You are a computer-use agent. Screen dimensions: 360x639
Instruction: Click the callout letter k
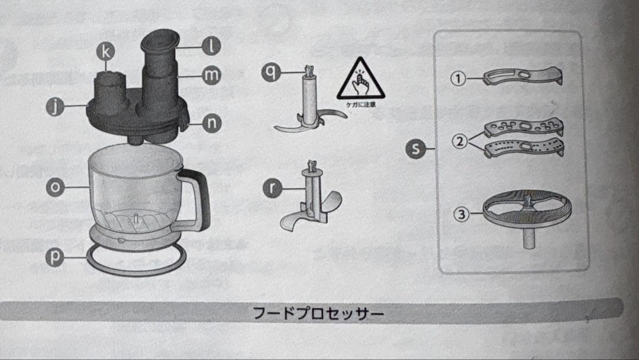pyautogui.click(x=105, y=52)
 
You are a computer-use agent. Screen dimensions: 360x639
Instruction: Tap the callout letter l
pyautogui.click(x=211, y=45)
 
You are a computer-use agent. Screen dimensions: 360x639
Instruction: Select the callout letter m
pyautogui.click(x=211, y=75)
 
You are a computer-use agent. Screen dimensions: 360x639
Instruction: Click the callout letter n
pyautogui.click(x=211, y=123)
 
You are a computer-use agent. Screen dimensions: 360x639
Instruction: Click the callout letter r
pyautogui.click(x=271, y=189)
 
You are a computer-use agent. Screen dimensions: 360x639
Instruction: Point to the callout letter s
pyautogui.click(x=417, y=149)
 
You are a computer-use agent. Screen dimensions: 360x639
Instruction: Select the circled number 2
pyautogui.click(x=460, y=142)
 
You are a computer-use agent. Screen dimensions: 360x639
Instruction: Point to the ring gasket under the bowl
pyautogui.click(x=136, y=262)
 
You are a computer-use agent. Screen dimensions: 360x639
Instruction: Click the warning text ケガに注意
pyautogui.click(x=360, y=105)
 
